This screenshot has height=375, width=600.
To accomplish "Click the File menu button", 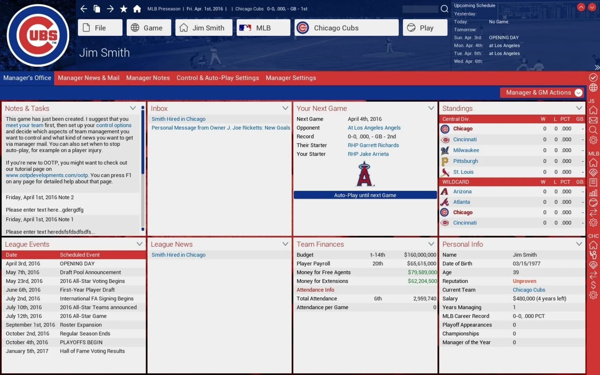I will click(100, 28).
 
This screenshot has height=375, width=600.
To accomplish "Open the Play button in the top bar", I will click(425, 28).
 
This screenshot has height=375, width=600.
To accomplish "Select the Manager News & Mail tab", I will click(89, 78).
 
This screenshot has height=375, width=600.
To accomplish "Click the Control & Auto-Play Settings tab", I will click(218, 78).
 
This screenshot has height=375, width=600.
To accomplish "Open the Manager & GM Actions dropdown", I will click(542, 92).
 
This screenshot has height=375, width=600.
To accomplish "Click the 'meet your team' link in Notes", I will click(24, 125).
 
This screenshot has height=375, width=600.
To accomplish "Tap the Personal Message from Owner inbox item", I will click(220, 128).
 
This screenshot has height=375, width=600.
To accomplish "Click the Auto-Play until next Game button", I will click(365, 195).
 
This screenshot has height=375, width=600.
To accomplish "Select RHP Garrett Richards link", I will click(373, 145).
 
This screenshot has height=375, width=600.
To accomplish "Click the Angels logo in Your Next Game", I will click(365, 174).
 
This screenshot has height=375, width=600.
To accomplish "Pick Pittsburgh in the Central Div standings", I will click(465, 161).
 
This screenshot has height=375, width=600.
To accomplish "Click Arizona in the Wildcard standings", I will click(462, 191).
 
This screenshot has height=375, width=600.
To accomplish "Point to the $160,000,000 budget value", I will click(420, 255).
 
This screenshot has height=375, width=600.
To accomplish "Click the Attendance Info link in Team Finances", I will click(315, 290).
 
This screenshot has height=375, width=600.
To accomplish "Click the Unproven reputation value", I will click(524, 281).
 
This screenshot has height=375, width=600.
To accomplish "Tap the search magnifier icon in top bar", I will click(444, 9).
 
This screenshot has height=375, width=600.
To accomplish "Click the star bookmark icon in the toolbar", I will click(124, 9).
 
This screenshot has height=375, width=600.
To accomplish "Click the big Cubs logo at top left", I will click(38, 35).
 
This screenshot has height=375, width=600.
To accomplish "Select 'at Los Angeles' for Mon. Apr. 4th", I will click(504, 45).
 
